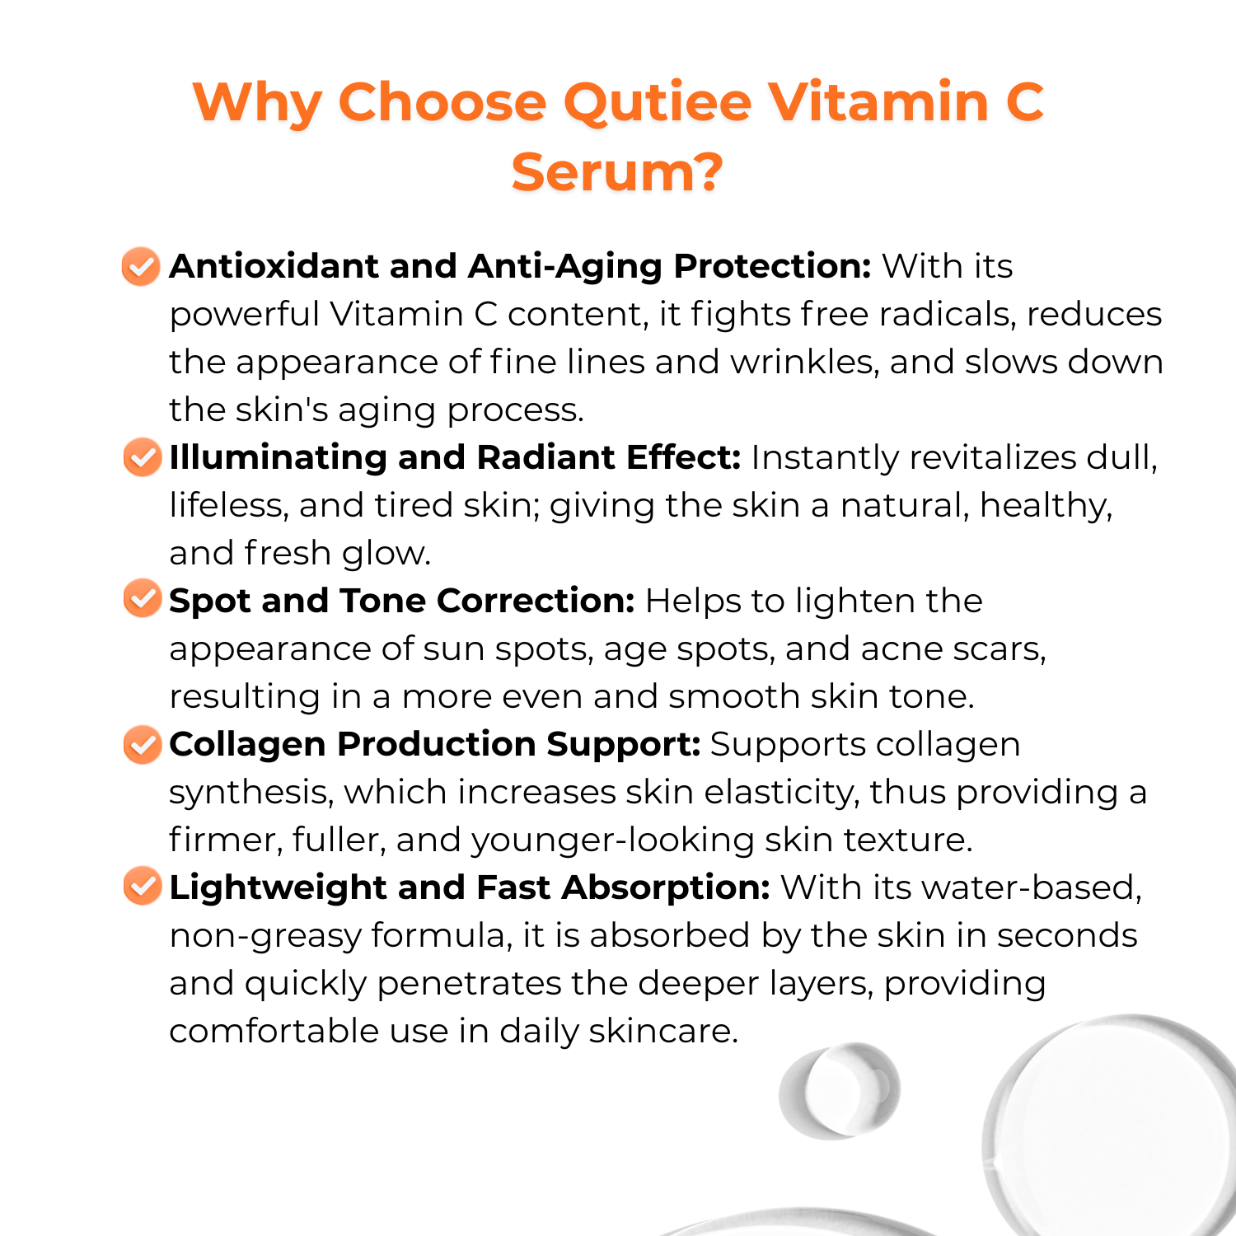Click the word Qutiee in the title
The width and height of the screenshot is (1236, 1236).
point(658,104)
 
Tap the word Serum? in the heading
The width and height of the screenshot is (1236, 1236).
point(617,172)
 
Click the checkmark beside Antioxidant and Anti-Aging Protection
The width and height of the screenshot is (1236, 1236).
point(141,266)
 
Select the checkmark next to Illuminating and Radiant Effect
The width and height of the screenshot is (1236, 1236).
point(143,457)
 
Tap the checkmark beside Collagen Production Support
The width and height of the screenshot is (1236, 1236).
point(143,744)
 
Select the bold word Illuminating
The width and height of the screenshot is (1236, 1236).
point(278,458)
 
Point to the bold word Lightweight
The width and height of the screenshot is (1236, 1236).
point(278,888)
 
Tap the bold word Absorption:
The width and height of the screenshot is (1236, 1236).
point(666,888)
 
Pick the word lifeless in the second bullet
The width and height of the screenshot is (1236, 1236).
point(228,505)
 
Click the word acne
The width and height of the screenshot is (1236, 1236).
point(901,650)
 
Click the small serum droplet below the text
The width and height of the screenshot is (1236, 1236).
point(839,1091)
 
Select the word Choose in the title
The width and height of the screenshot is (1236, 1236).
point(442,102)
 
